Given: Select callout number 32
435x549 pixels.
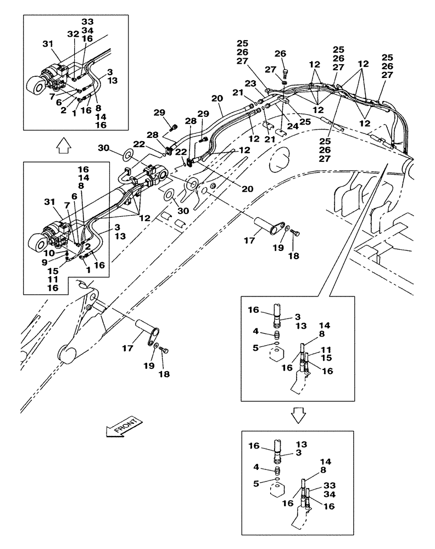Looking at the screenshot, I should point(72,34).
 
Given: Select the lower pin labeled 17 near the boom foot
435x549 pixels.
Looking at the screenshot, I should point(147,332).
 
